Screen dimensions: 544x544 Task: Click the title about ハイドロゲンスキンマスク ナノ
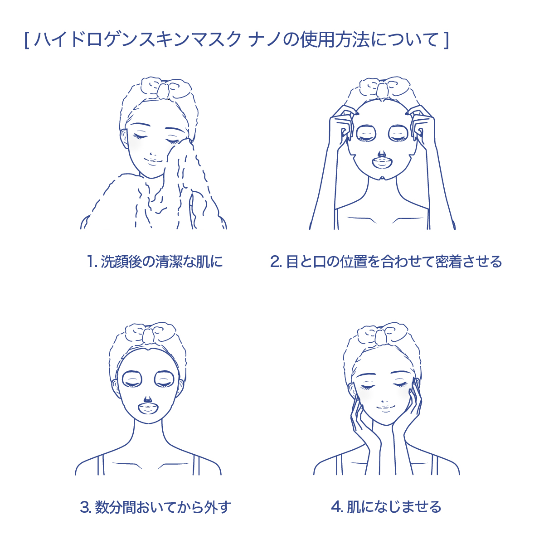(237, 40)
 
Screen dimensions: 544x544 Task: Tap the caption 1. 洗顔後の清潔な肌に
(155, 262)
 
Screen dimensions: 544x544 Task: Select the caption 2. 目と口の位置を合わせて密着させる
(386, 262)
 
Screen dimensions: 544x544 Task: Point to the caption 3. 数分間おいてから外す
(155, 507)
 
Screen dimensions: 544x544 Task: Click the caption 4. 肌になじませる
(386, 507)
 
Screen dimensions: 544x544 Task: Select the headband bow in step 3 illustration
(147, 334)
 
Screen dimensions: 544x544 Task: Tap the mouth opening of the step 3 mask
(149, 408)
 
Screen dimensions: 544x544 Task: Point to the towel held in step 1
(158, 192)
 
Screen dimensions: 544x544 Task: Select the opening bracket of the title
(27, 40)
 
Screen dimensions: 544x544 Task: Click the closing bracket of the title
(447, 40)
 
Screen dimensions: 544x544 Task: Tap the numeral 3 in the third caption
(85, 508)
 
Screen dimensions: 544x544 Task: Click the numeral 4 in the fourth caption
(336, 508)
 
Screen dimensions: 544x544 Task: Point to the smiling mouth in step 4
(385, 408)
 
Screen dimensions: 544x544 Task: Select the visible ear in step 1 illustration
(124, 138)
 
